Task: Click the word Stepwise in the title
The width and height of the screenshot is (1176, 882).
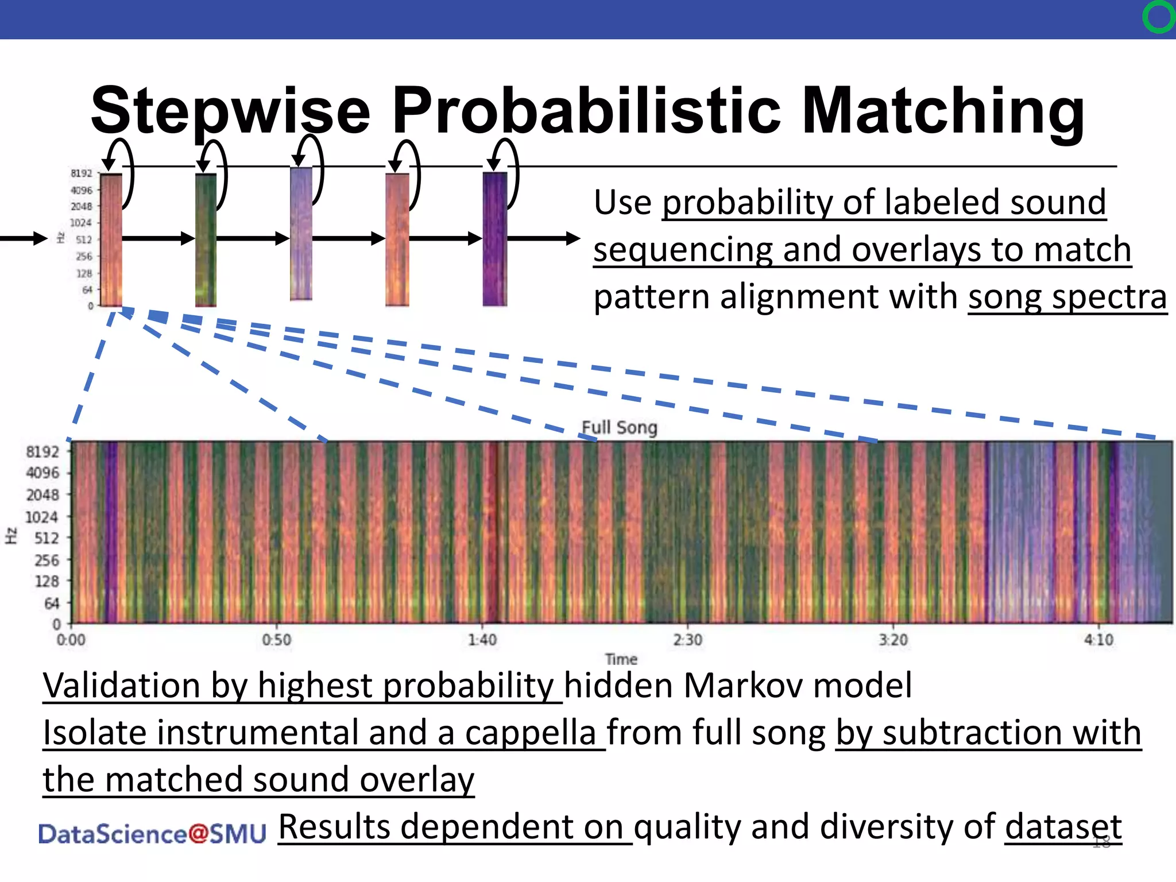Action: tap(230, 111)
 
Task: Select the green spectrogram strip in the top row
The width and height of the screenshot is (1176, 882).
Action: tap(206, 239)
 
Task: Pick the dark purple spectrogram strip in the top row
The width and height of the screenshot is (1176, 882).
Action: tap(494, 239)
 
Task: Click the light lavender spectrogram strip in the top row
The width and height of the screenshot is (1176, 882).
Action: tap(301, 234)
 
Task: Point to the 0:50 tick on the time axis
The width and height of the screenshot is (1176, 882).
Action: tap(277, 639)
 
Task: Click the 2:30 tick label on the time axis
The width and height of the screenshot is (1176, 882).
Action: tap(688, 639)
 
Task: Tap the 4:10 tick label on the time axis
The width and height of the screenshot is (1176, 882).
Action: tap(1098, 639)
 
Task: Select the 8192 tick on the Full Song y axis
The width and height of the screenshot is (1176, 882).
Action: tap(42, 452)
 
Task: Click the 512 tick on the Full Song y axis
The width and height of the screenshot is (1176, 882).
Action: tap(47, 538)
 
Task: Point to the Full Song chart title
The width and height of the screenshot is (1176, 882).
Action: tap(619, 428)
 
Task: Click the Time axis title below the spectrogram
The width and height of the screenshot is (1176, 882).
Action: tap(621, 659)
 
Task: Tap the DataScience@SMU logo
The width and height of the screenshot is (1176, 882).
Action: tap(152, 834)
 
